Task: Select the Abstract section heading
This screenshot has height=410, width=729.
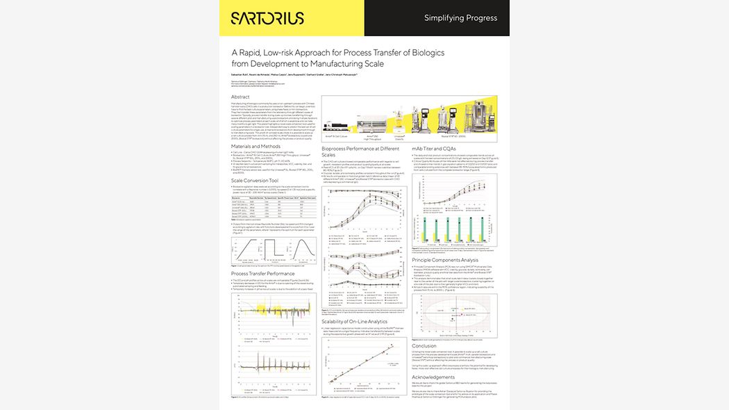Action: point(240,97)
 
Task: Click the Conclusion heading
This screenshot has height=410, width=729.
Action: point(424,345)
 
